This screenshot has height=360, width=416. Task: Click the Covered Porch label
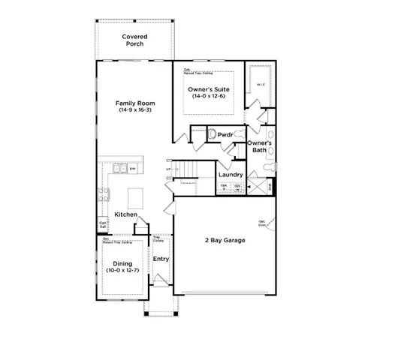pos(135,40)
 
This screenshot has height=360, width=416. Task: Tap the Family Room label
pos(135,103)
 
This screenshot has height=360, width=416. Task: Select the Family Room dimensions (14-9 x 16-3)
pos(135,110)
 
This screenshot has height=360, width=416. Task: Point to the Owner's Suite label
pos(209,89)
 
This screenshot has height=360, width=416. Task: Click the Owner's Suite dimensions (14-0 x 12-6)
pos(209,97)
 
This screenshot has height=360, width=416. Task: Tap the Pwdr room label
pos(225,135)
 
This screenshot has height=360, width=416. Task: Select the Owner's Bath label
pos(259,146)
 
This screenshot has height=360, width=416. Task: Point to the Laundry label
pos(231,175)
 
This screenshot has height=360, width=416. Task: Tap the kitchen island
pos(136,198)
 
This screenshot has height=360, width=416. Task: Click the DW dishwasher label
pos(133,169)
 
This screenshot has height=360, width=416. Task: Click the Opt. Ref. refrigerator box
pos(103,223)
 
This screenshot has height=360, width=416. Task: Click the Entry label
pos(161,259)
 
